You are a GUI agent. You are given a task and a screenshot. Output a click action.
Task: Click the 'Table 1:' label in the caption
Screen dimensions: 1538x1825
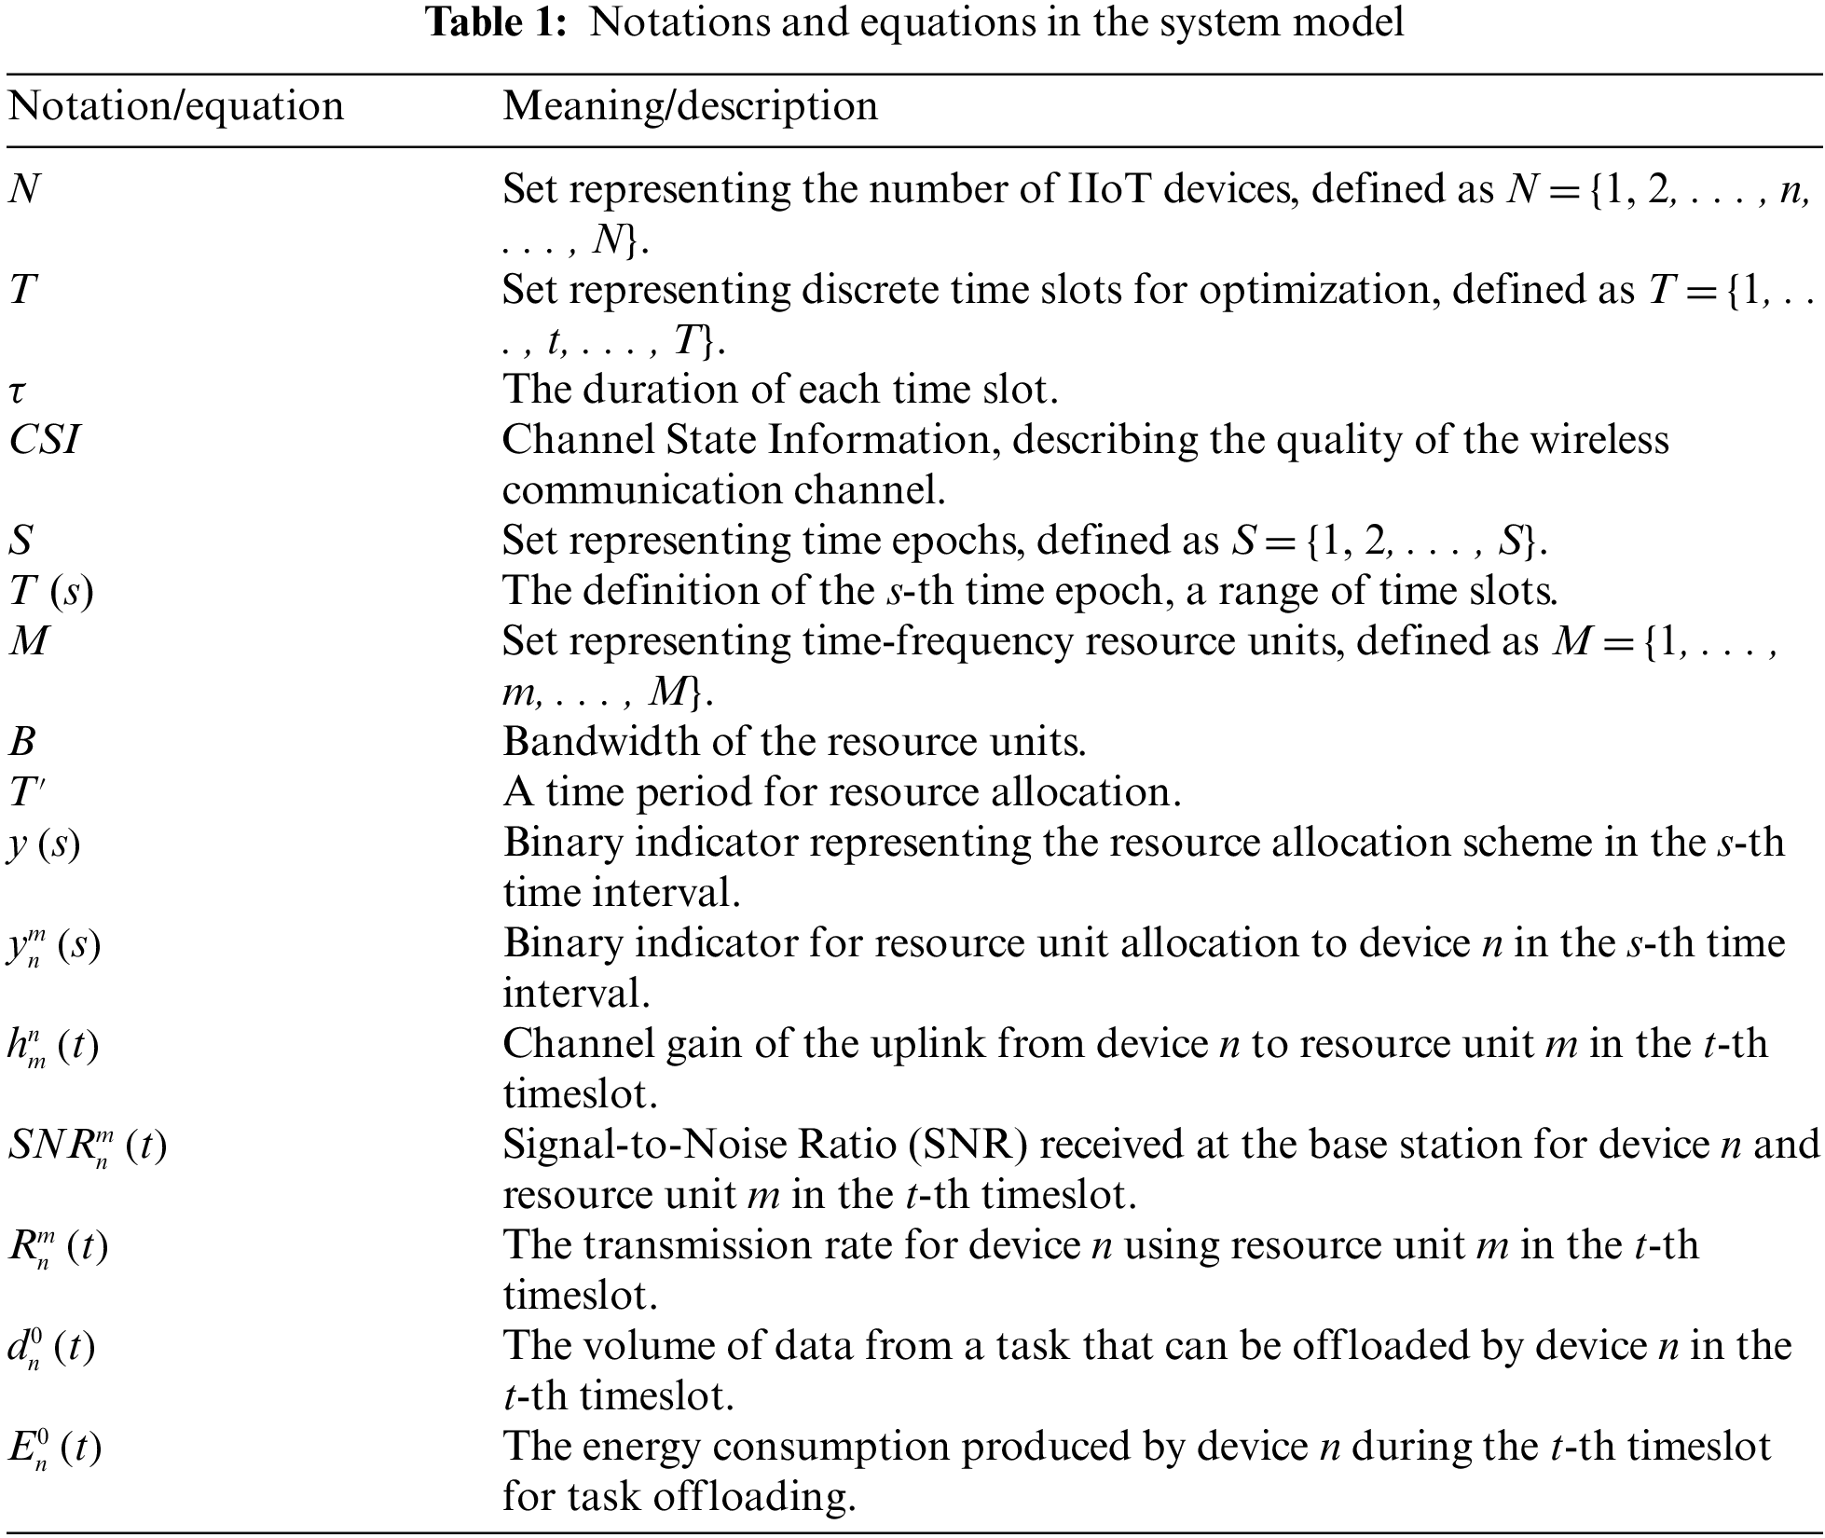496,22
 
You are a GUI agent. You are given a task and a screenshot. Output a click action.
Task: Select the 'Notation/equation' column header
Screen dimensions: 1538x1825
176,105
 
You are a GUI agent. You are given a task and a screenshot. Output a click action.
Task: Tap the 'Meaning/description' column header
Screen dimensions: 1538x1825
690,105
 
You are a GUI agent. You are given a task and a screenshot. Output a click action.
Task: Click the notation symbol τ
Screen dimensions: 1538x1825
18,390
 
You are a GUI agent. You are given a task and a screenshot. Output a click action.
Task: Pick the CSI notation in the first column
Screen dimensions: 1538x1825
44,439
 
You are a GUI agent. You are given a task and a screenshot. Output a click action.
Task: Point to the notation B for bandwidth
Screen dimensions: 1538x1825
22,741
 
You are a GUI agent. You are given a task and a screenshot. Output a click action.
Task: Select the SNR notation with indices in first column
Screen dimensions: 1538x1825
87,1146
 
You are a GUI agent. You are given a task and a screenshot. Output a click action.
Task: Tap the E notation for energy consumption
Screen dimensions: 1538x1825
54,1448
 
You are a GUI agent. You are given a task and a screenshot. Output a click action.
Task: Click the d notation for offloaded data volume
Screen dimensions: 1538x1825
51,1347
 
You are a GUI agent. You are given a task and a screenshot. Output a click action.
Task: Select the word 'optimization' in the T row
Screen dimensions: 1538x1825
1314,290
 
